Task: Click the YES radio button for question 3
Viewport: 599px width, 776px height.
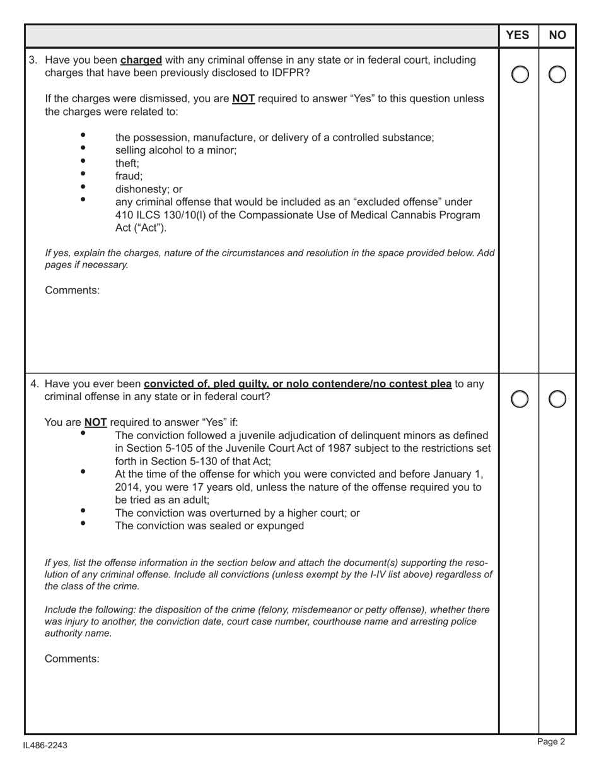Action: click(520, 75)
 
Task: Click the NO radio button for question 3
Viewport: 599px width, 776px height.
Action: click(557, 75)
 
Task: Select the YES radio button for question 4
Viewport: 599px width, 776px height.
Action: click(520, 399)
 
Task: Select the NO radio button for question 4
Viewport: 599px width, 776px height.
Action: click(557, 399)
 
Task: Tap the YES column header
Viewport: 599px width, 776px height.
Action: click(518, 35)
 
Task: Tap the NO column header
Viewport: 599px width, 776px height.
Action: click(557, 35)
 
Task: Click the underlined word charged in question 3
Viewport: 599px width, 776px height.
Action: click(141, 61)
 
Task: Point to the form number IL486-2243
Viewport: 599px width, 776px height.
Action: click(45, 746)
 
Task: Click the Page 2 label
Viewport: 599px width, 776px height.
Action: click(551, 742)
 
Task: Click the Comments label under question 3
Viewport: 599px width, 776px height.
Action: click(72, 291)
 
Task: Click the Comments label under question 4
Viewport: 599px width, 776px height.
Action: click(72, 659)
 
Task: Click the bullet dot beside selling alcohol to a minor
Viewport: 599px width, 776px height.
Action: click(83, 148)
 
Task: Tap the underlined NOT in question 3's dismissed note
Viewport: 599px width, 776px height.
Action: click(243, 99)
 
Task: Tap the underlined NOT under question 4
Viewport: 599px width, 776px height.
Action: click(95, 423)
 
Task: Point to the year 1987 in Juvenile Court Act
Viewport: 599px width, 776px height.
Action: click(335, 449)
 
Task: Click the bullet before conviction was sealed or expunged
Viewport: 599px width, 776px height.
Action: click(83, 523)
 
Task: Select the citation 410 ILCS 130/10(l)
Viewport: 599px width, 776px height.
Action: click(160, 215)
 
